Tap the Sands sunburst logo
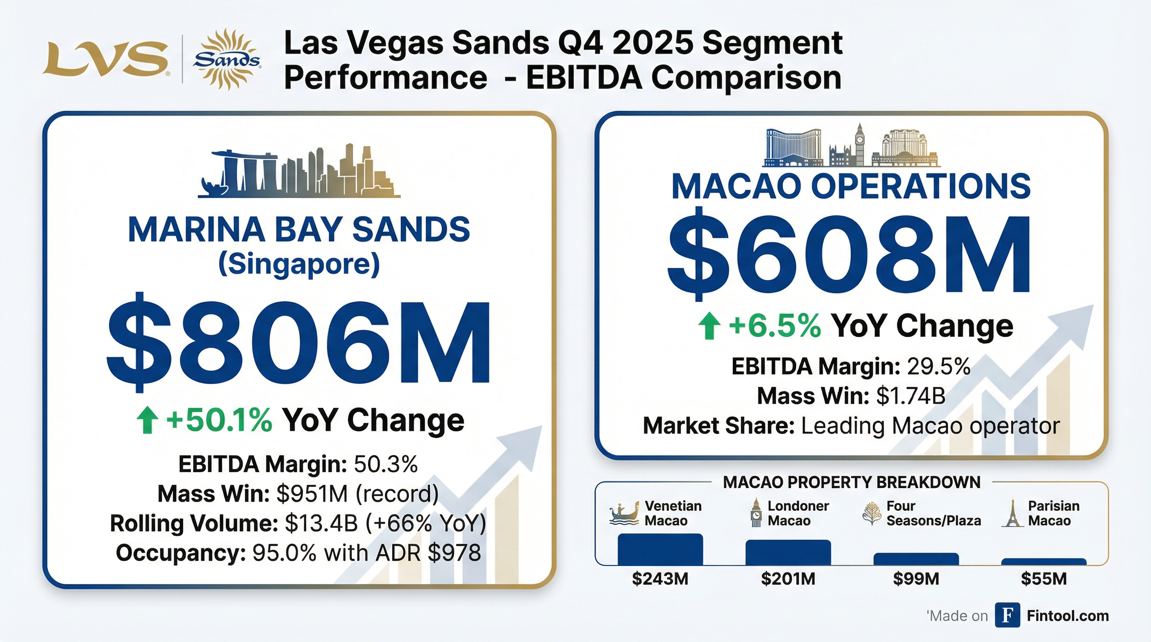point(227,59)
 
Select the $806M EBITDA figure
point(299,342)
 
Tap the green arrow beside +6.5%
point(709,326)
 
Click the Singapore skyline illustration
point(299,172)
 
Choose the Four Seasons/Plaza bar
point(916,559)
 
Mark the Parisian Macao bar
point(1044,562)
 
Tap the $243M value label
point(660,579)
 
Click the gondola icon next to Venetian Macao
point(624,515)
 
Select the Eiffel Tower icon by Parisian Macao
point(1013,513)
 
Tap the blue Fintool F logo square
point(1007,615)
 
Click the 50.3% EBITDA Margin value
point(386,464)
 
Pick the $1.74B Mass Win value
point(911,396)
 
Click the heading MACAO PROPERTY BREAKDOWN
point(851,483)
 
